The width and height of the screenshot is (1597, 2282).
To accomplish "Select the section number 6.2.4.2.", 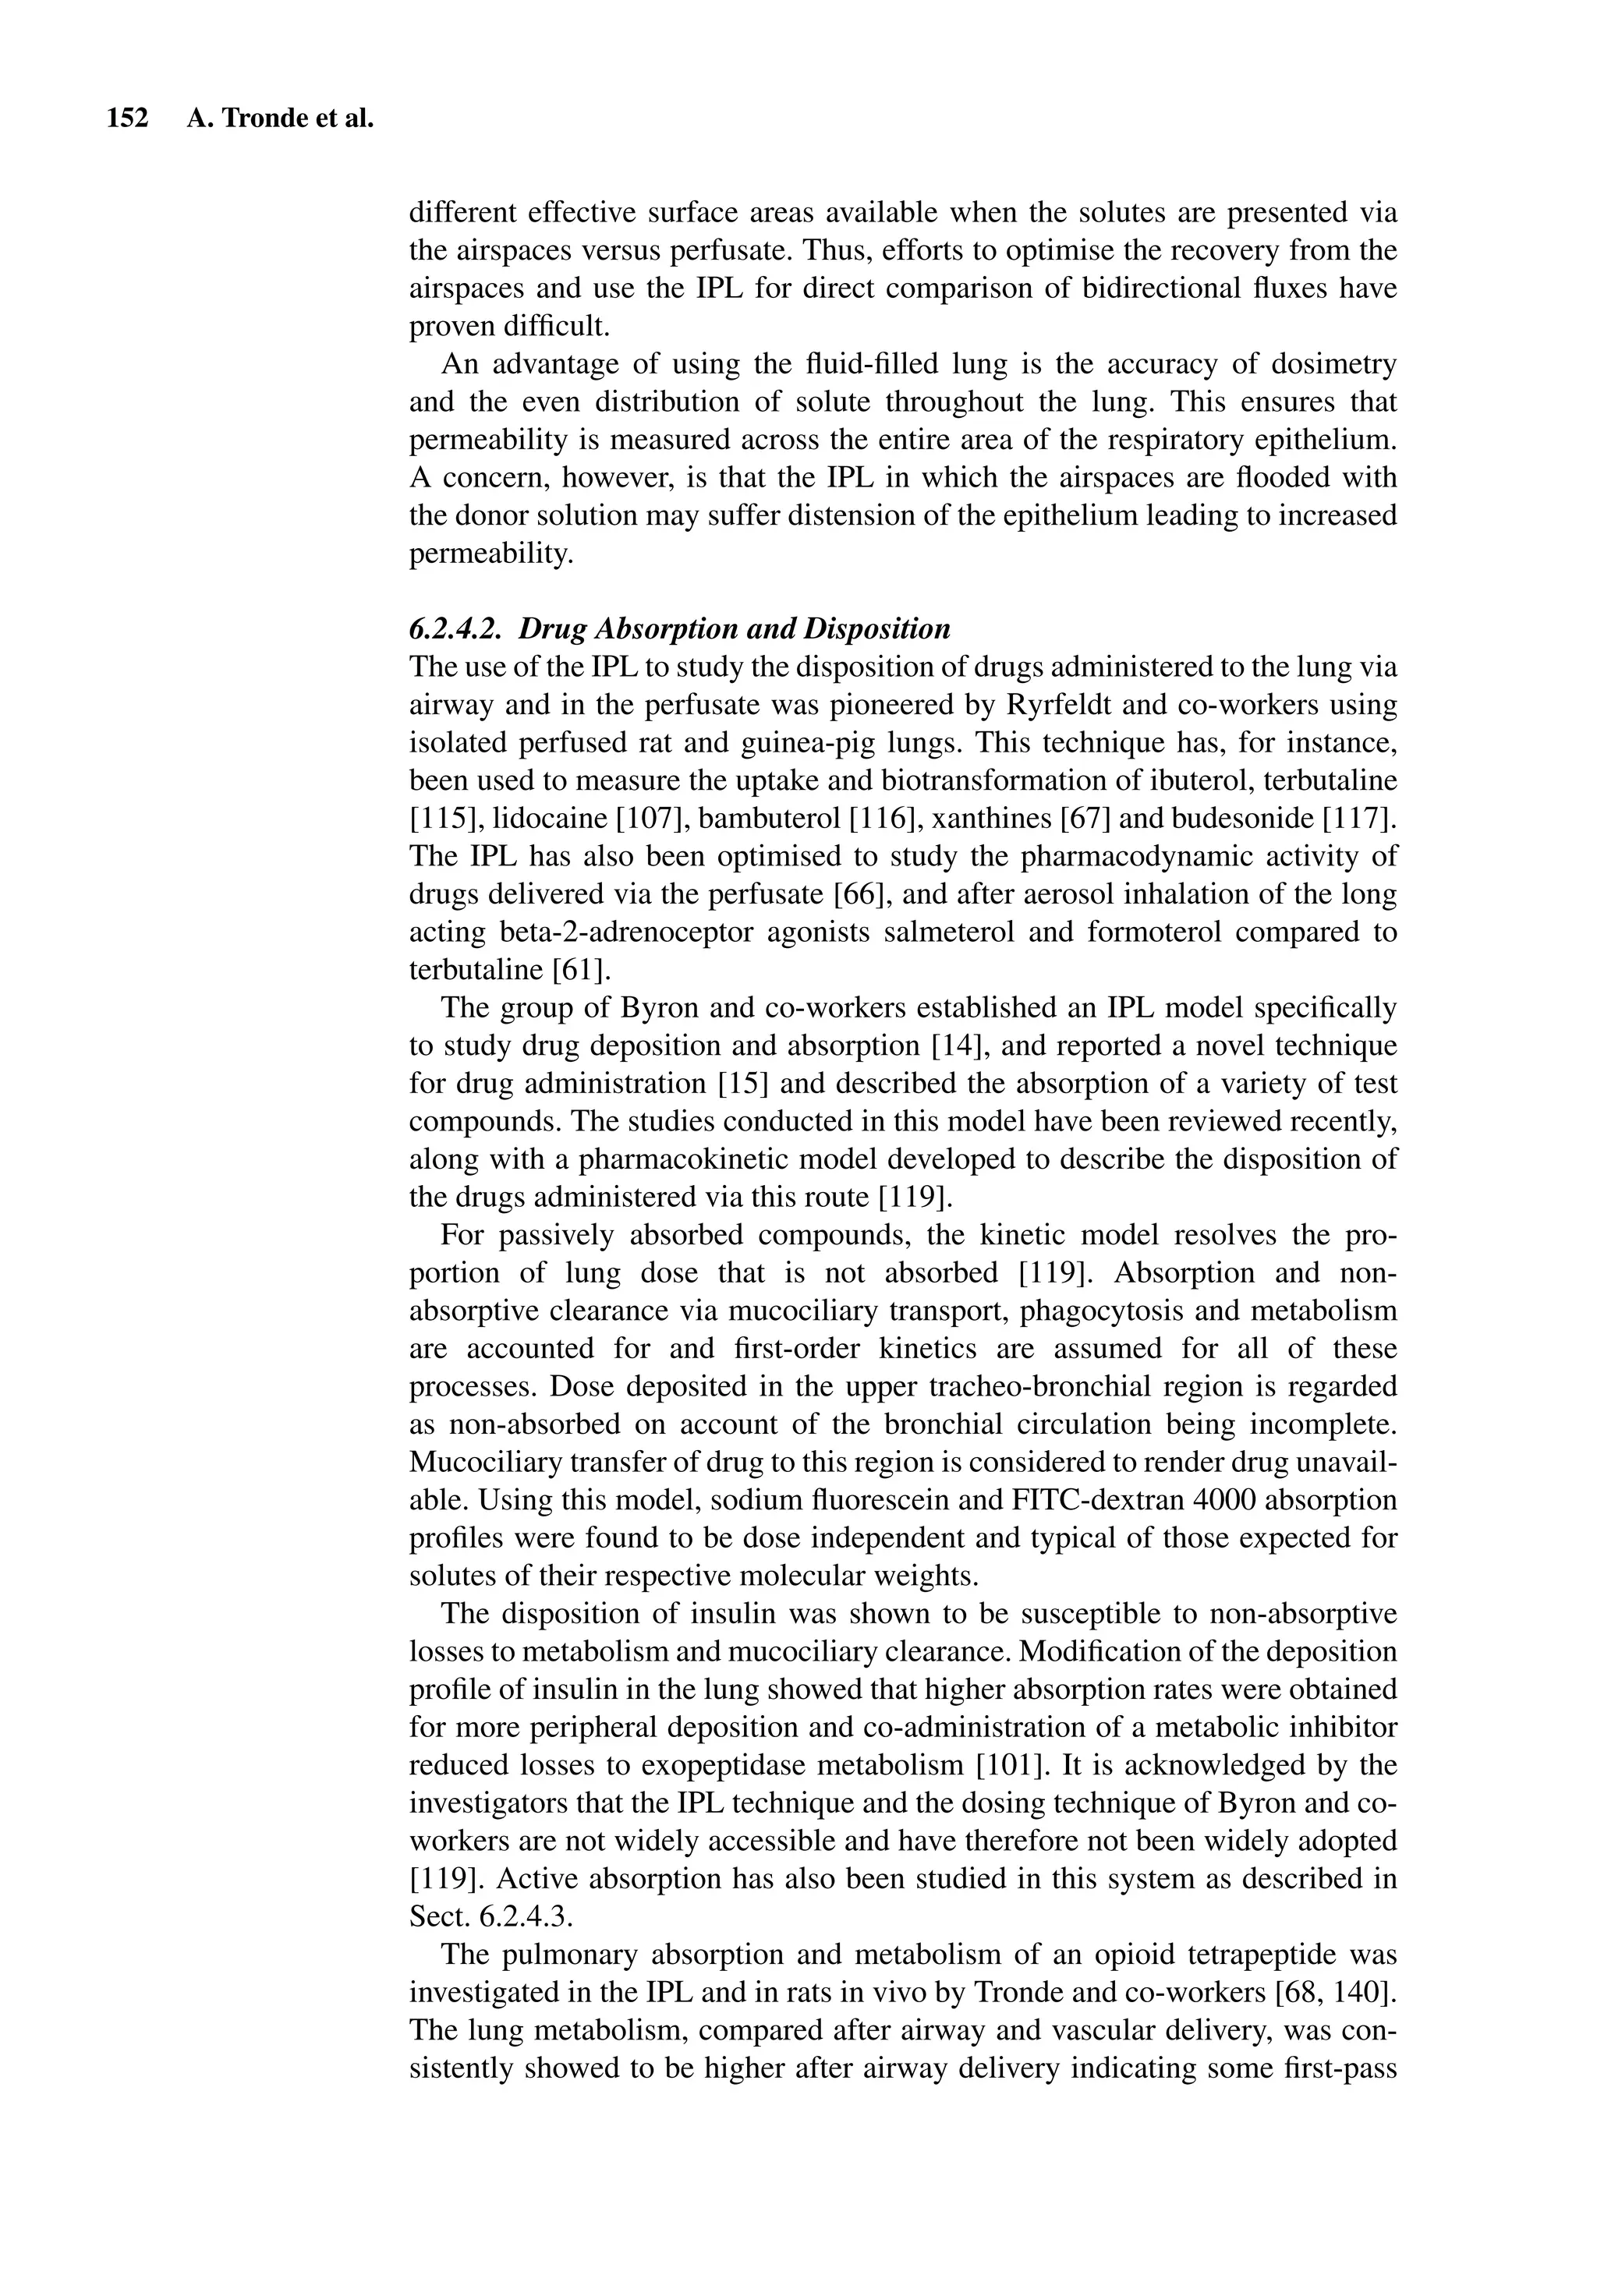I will [458, 629].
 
